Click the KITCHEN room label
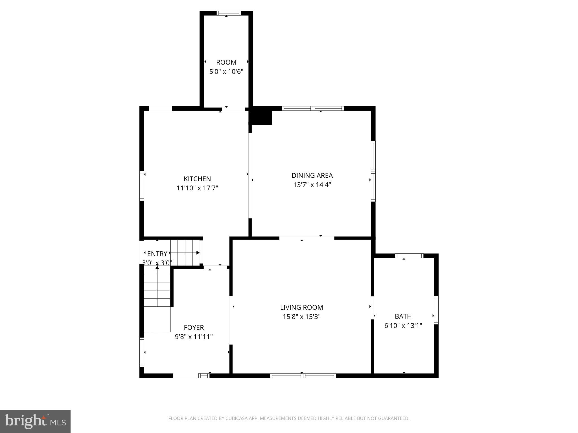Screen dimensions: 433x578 [197, 179]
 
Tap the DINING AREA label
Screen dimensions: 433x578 [312, 175]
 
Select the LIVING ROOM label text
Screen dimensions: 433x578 [301, 307]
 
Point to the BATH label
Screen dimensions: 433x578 [403, 316]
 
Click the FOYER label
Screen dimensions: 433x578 [194, 327]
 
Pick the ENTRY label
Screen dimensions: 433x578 [157, 253]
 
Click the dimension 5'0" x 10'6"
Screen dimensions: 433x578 [226, 72]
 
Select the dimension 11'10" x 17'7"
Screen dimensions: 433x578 [197, 188]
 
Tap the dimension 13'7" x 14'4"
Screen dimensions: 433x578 [312, 185]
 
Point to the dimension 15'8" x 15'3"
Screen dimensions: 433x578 [301, 317]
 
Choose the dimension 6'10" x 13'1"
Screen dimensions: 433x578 [403, 326]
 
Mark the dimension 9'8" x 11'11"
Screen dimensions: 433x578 [194, 337]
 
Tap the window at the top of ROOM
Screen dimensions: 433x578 [229, 13]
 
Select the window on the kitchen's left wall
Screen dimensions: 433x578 [142, 186]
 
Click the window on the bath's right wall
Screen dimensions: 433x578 [436, 310]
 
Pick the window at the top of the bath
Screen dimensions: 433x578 [409, 256]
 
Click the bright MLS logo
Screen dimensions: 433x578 [35, 421]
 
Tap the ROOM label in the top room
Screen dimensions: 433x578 [226, 62]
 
